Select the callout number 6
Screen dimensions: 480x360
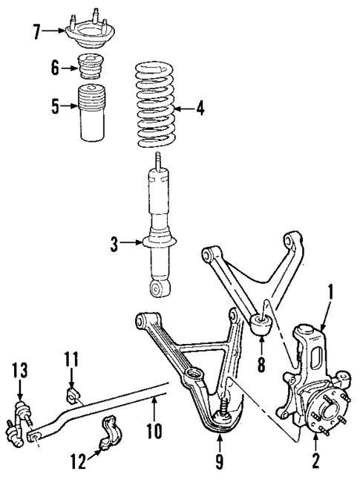click(53, 68)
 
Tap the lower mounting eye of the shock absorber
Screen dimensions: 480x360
click(158, 287)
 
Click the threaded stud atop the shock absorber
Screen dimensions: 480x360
click(157, 160)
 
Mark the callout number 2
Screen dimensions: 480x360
click(315, 461)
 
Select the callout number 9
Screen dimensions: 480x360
click(218, 462)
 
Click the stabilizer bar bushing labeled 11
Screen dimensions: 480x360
click(72, 393)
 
